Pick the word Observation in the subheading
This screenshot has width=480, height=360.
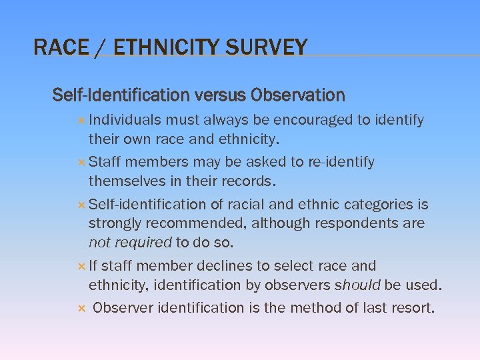(x=297, y=95)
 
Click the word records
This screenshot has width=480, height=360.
(x=251, y=181)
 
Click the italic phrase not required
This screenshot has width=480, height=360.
(x=130, y=242)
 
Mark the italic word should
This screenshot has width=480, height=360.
(x=357, y=285)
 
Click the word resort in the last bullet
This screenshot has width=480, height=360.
(x=412, y=308)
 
